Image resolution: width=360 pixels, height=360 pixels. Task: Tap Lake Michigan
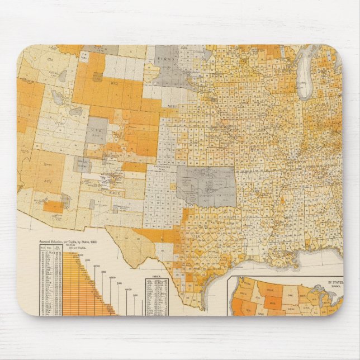305,73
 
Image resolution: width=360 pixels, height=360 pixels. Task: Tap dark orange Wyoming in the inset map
270,301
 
